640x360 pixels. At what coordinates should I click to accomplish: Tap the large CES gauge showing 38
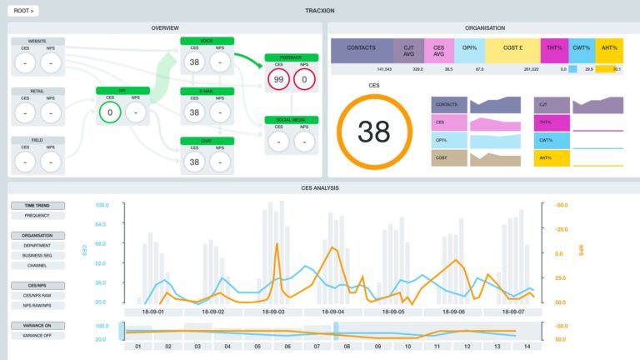(x=374, y=132)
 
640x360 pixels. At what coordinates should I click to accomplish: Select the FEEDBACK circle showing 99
(x=278, y=80)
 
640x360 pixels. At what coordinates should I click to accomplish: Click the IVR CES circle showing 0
(x=107, y=112)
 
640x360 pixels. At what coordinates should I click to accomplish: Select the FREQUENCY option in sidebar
(x=37, y=216)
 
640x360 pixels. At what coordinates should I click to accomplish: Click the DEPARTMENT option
(x=37, y=246)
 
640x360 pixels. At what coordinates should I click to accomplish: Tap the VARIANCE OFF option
(x=37, y=335)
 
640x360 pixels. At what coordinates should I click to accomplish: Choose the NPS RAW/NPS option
(x=37, y=305)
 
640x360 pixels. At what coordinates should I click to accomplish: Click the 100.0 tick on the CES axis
(x=102, y=205)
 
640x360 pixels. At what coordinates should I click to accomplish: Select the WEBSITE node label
(x=37, y=41)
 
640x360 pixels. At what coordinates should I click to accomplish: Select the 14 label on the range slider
(x=526, y=345)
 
